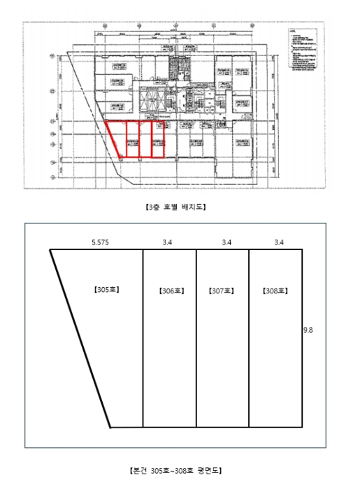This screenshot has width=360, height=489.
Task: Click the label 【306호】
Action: (x=169, y=291)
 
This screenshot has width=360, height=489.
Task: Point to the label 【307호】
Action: (x=222, y=291)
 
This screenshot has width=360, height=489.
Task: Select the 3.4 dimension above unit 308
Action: (x=278, y=242)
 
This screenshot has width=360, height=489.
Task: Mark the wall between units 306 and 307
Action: (x=196, y=337)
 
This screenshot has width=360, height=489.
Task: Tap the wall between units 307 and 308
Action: (x=249, y=337)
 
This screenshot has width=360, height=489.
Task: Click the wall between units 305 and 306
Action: (x=143, y=337)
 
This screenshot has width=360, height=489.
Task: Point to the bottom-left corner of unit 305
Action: (x=110, y=425)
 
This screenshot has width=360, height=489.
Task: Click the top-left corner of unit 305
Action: (x=50, y=249)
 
